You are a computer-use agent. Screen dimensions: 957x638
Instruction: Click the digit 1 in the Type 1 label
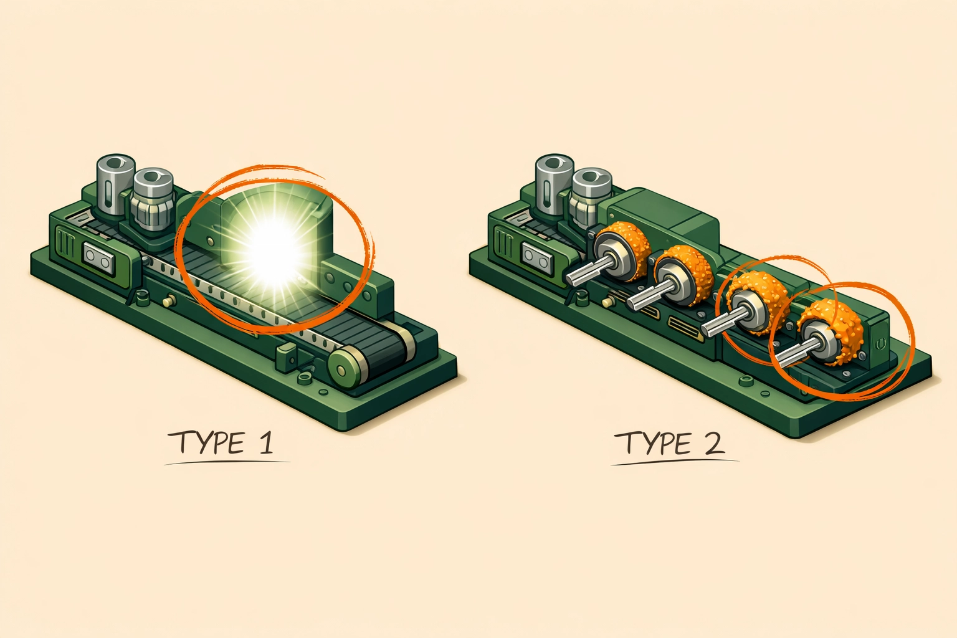point(265,443)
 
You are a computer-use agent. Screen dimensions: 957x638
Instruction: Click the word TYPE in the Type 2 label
point(653,443)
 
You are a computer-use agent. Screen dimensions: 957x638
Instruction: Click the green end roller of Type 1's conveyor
point(345,368)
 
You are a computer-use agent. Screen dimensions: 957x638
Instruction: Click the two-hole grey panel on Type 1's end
point(99,258)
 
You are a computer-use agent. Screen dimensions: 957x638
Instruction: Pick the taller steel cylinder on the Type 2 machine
point(554,184)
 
